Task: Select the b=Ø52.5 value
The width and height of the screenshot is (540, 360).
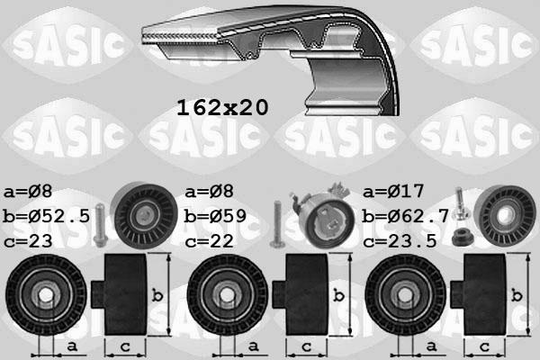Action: (x=45, y=217)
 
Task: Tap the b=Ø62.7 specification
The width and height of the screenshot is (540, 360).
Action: (x=405, y=217)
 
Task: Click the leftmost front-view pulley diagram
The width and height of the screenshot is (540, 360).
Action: (x=45, y=295)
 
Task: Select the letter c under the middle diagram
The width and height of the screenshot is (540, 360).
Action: (x=305, y=346)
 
